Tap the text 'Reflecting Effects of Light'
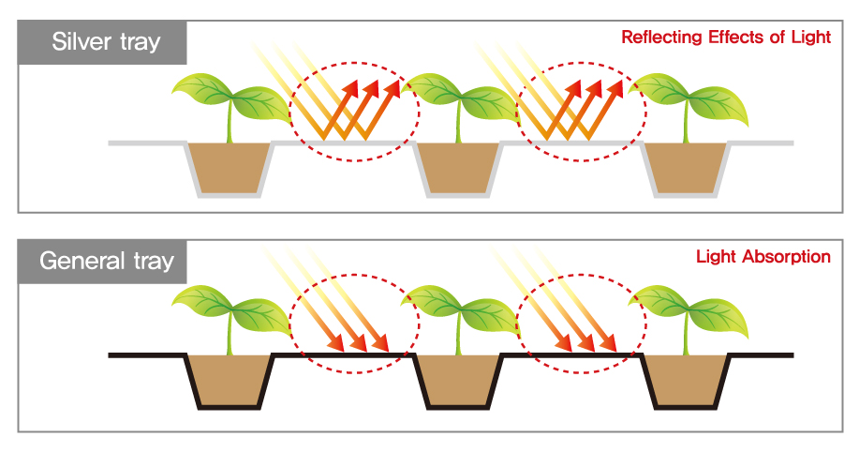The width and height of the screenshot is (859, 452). coord(725,38)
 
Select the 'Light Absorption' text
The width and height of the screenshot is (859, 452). coord(763,256)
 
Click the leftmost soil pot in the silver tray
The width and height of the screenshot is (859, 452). coord(229,167)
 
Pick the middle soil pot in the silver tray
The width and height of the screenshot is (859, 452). coord(458,167)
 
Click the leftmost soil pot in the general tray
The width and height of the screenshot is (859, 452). coord(229,379)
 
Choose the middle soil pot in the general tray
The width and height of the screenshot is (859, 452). coord(458,379)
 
